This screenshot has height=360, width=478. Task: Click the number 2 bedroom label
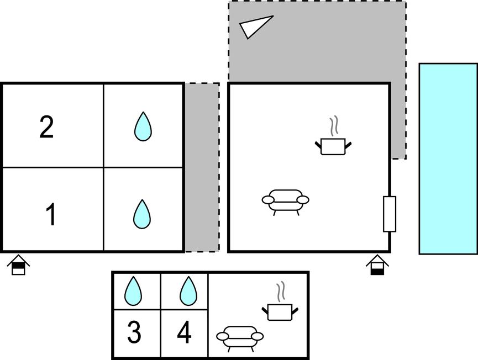pyautogui.click(x=46, y=127)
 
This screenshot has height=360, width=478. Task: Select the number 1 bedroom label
pyautogui.click(x=51, y=214)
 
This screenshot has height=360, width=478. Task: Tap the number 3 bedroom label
pyautogui.click(x=134, y=332)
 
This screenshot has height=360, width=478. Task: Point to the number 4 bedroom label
pyautogui.click(x=184, y=332)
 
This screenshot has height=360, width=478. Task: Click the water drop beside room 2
pyautogui.click(x=143, y=126)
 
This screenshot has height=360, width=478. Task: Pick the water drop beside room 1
pyautogui.click(x=142, y=214)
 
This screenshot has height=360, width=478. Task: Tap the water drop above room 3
pyautogui.click(x=133, y=291)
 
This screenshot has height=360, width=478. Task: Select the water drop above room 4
pyautogui.click(x=188, y=291)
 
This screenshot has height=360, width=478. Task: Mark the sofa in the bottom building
pyautogui.click(x=240, y=338)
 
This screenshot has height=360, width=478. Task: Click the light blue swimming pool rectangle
pyautogui.click(x=448, y=158)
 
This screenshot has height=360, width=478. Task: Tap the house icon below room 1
pyautogui.click(x=18, y=264)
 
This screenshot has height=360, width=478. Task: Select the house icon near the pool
pyautogui.click(x=377, y=264)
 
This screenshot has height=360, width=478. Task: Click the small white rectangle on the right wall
pyautogui.click(x=390, y=214)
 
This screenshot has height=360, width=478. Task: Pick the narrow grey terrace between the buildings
pyautogui.click(x=202, y=167)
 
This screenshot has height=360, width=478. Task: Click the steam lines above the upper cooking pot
pyautogui.click(x=335, y=125)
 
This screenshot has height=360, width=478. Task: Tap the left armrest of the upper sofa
pyautogui.click(x=268, y=200)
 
